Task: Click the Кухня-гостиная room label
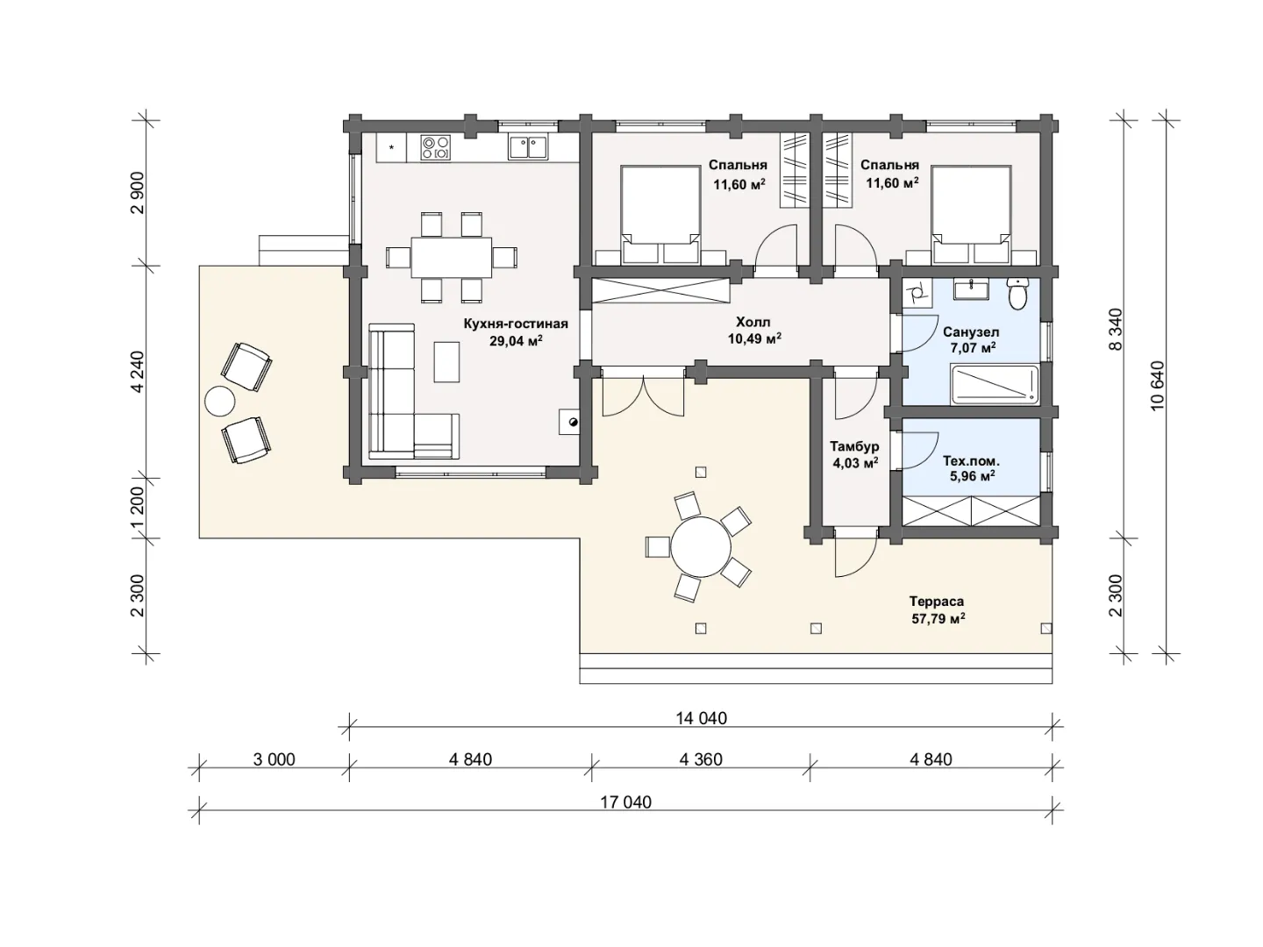pos(516,324)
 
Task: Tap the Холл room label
pos(753,322)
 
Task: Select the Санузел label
pos(971,332)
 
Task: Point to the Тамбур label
pos(854,446)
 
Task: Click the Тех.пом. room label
pos(971,460)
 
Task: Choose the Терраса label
pos(937,601)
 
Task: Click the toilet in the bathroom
pos(1018,293)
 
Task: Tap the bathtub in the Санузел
pos(995,385)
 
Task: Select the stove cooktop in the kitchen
pos(435,147)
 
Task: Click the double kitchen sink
pos(529,147)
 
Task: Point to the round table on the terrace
pos(701,546)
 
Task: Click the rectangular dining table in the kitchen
pos(451,258)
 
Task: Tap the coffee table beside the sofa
pos(446,361)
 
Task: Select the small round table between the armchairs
pos(220,400)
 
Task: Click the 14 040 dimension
pos(701,719)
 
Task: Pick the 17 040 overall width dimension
pos(625,802)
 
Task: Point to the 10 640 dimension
pos(1157,385)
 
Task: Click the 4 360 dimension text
pos(700,759)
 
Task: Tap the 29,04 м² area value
pos(516,341)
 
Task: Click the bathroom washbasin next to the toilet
pos(971,289)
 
